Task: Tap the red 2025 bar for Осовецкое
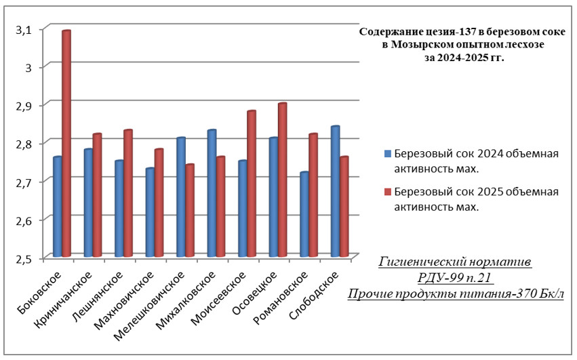pos(282,180)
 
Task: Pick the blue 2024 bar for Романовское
pos(304,214)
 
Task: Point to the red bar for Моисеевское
pos(252,183)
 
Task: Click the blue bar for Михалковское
pos(212,193)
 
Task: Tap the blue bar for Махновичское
pos(150,212)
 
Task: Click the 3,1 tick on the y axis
pos(25,28)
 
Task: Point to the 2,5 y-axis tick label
pos(25,258)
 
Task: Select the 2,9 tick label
pos(25,105)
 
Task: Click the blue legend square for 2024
pos(387,153)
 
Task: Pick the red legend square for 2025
pos(387,192)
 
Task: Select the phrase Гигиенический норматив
pos(455,262)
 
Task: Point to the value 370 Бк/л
pos(540,293)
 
